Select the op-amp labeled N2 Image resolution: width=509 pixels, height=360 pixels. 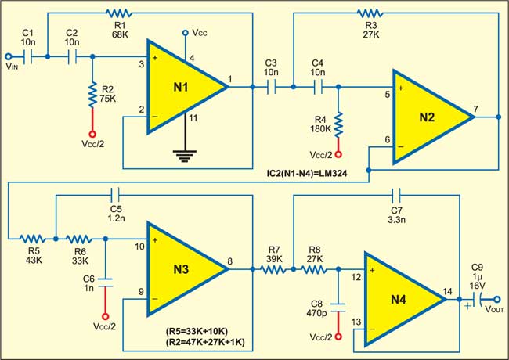point(428,117)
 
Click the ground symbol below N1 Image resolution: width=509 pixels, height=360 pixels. point(186,156)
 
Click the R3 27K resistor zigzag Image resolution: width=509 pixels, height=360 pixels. point(368,13)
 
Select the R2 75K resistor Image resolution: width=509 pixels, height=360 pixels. point(92,92)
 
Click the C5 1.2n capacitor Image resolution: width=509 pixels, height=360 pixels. point(117,191)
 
